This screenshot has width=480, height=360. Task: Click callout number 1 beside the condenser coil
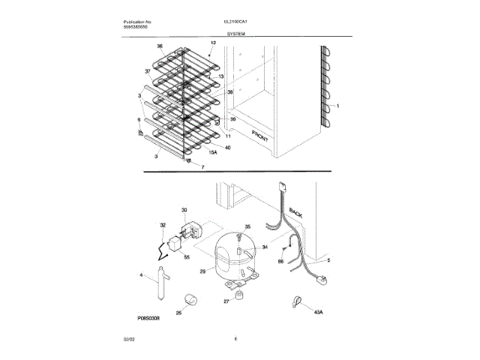tap(338, 106)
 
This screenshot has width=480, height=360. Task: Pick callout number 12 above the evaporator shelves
tap(213, 43)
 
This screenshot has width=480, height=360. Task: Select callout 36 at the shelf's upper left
tap(159, 46)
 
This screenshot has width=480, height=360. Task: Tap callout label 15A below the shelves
tap(212, 153)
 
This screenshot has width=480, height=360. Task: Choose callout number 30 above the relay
tap(184, 210)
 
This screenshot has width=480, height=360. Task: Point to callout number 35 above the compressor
tap(248, 226)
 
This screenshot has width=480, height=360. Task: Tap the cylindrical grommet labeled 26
tap(190, 301)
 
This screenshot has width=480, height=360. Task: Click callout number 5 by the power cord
tap(327, 260)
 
